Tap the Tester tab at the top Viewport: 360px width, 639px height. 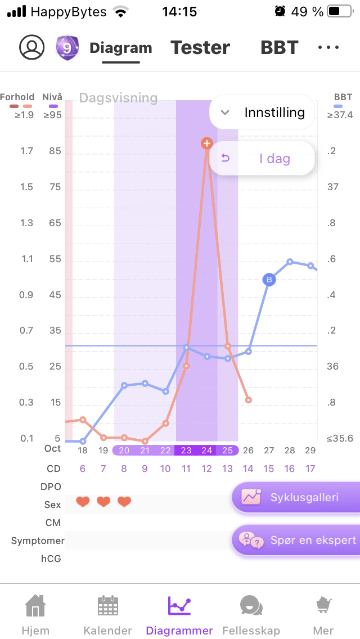pos(200,48)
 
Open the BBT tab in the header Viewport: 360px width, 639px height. pos(279,48)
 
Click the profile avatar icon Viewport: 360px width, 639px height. pos(31,48)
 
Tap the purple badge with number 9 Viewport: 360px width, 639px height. pos(67,48)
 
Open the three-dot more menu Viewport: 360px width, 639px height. pos(328,48)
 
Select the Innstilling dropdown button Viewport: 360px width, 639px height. pos(262,112)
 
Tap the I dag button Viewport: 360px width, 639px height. pos(262,159)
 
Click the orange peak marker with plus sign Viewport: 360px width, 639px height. pos(207,143)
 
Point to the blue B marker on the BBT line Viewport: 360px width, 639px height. pos(269,280)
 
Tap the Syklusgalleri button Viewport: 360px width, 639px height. pos(296,497)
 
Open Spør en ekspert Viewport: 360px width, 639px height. pos(296,541)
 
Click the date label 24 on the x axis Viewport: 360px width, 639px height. pos(207,450)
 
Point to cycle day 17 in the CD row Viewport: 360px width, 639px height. pos(310,469)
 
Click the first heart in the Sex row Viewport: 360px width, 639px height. pos(83,502)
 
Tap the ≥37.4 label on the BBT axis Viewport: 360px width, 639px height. pos(340,115)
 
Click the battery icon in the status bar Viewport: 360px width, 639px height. pos(340,11)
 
